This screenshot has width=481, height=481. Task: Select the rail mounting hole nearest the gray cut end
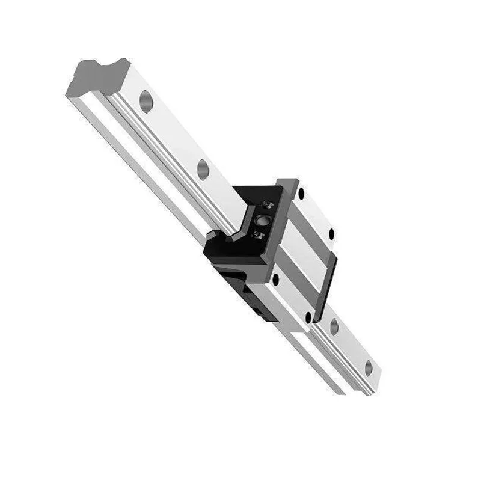point(146,100)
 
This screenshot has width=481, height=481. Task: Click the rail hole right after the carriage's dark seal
point(334,327)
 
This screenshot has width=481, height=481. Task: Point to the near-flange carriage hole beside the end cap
point(276,280)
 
